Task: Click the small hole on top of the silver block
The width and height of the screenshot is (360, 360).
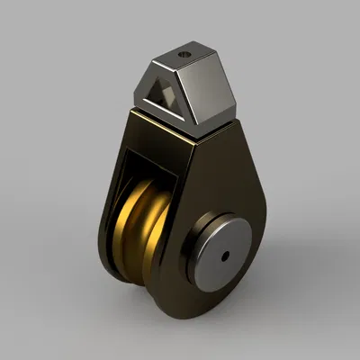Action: [x=186, y=54]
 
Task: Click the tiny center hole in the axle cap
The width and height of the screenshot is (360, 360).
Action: [x=224, y=256]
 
